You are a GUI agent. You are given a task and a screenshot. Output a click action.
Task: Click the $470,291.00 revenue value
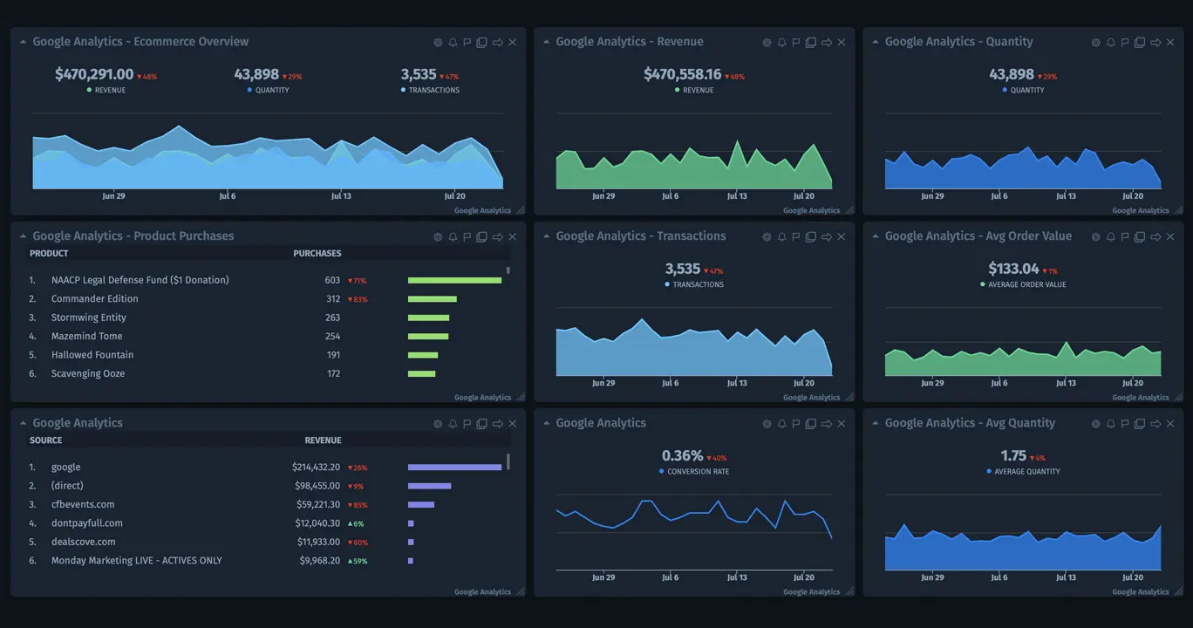point(94,75)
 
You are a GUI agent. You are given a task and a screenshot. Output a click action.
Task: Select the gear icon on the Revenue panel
point(767,43)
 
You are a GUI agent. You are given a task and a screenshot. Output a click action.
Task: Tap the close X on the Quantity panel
point(1170,43)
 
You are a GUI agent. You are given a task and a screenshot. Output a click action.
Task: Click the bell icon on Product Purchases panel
point(453,237)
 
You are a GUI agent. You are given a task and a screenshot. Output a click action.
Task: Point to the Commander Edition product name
point(94,299)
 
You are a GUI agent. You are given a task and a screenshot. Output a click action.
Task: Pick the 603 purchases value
point(332,281)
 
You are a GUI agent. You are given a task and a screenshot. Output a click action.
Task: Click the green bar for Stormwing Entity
point(428,318)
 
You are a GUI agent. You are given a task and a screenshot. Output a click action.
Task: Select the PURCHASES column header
point(317,254)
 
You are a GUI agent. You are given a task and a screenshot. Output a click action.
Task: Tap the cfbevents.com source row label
point(83,505)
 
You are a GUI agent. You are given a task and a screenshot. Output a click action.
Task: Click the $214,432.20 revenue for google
point(316,468)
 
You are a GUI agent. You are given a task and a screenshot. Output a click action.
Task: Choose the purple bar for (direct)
point(429,487)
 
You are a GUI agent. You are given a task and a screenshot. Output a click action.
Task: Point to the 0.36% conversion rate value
point(682,456)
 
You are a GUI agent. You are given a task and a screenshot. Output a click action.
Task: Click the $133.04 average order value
point(1013,270)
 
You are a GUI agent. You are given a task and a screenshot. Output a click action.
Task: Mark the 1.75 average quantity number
point(1013,456)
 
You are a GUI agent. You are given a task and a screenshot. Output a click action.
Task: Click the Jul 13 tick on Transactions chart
point(737,383)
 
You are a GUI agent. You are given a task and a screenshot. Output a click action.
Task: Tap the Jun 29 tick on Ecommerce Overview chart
point(113,196)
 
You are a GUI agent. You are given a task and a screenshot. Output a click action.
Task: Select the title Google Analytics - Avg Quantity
point(970,423)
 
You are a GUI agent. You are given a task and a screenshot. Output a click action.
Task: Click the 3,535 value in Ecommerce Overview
point(419,75)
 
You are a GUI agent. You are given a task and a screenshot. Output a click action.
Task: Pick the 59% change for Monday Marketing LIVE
point(358,562)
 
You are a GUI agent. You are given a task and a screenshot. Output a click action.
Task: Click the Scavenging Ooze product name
point(88,374)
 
